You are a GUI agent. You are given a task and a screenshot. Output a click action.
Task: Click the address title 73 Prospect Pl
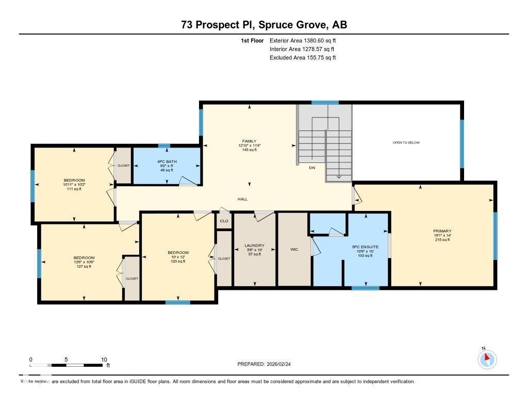click(263, 25)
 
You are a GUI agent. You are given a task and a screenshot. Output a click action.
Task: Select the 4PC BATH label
click(164, 161)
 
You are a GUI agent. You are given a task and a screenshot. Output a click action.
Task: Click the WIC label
click(294, 249)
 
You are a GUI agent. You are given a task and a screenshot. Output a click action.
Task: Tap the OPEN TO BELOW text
click(406, 142)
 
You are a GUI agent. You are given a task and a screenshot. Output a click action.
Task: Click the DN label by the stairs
click(312, 168)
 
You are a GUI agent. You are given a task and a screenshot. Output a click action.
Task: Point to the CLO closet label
click(224, 221)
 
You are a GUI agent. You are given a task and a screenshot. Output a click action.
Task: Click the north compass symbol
click(486, 360)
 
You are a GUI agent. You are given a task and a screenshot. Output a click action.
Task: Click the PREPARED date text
click(267, 364)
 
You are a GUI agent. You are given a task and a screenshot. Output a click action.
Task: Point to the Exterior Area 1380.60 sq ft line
click(303, 40)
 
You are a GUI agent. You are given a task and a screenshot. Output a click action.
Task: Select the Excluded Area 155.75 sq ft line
click(303, 58)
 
